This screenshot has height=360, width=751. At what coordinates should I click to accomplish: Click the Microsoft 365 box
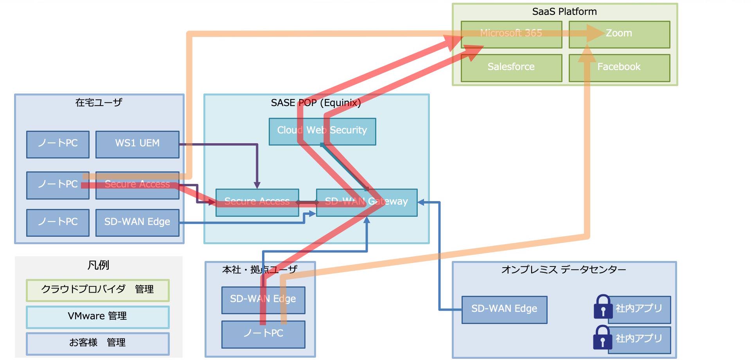511,35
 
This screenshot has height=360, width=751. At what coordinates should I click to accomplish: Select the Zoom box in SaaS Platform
619,35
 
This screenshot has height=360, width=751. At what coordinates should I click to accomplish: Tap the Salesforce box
511,68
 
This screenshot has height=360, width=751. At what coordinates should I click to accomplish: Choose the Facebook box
619,68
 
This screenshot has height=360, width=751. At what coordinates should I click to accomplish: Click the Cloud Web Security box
322,131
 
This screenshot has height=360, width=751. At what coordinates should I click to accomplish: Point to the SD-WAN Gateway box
367,202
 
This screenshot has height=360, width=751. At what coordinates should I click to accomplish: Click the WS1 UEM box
137,144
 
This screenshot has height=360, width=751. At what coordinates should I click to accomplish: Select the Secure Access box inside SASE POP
257,202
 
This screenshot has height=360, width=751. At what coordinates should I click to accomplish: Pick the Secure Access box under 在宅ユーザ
137,185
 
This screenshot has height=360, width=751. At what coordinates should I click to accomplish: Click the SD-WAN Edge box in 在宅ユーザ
137,223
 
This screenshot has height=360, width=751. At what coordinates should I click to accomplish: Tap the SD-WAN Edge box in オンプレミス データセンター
504,310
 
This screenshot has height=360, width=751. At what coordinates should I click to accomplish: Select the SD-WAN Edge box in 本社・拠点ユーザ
263,300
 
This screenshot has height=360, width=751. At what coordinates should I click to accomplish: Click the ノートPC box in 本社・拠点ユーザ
263,334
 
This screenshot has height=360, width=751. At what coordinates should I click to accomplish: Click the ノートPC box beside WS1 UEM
58,144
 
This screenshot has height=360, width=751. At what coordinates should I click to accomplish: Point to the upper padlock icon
603,307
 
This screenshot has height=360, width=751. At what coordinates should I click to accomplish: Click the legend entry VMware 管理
97,317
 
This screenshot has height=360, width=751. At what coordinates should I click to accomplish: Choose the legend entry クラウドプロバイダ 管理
97,290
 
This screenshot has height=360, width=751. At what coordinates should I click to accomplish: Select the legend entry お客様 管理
97,343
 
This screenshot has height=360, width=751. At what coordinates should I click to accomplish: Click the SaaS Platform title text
564,12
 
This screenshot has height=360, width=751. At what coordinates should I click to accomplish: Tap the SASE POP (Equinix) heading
316,103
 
